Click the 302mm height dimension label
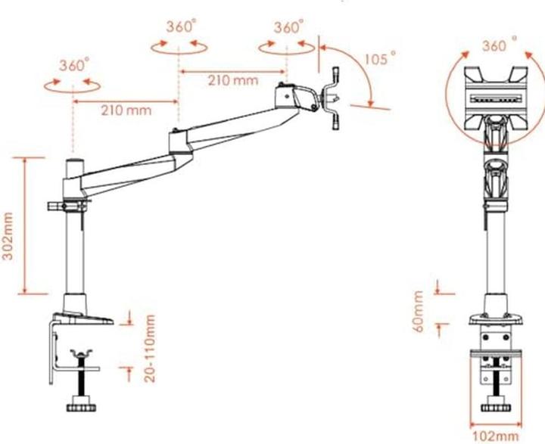[x=9, y=235]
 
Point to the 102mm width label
[x=496, y=436]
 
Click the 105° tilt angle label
[x=383, y=57]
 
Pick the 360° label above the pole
[x=74, y=64]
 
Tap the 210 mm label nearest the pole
[x=126, y=110]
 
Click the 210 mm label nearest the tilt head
[x=232, y=79]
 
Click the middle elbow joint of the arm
[x=179, y=141]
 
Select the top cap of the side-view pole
[x=75, y=163]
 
